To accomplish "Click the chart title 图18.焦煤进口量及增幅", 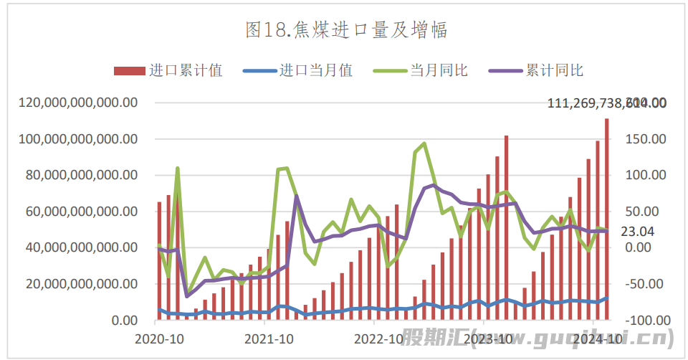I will [x=346, y=29].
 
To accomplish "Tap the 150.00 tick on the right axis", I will [x=646, y=139].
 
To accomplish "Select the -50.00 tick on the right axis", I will [x=646, y=284].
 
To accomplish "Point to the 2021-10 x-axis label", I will [x=266, y=338].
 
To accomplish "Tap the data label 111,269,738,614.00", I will [x=606, y=103].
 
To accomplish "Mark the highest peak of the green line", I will [x=424, y=143].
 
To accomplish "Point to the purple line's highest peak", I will [x=434, y=185].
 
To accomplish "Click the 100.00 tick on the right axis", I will [x=646, y=175].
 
